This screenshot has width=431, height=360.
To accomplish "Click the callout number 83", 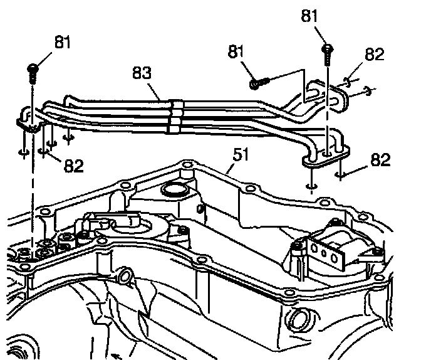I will tap(142, 74).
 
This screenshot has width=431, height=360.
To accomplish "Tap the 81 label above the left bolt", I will tap(63, 43).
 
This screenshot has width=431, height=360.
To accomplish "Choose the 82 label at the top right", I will tap(374, 55).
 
